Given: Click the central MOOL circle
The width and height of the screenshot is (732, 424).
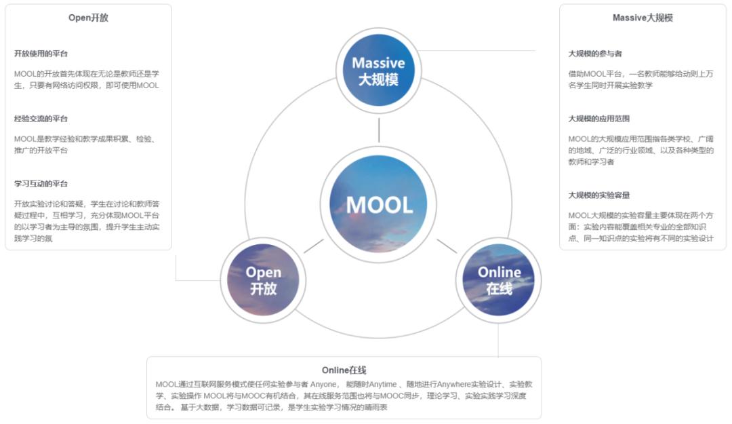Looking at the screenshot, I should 379,204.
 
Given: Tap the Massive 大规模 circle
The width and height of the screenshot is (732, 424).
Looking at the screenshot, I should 378,71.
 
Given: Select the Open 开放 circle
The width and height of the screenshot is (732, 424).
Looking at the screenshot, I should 264,280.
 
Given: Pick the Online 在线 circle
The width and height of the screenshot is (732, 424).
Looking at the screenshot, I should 499,280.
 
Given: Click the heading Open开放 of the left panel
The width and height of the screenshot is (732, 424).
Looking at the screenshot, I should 88,18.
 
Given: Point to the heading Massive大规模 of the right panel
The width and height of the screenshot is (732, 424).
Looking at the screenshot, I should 643,18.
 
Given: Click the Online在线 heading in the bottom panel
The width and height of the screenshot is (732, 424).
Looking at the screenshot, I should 344,370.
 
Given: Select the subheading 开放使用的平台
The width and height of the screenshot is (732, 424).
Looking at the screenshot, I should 41,54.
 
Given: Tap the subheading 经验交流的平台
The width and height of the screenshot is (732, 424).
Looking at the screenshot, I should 41,119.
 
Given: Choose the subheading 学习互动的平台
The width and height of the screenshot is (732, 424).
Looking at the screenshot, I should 41,184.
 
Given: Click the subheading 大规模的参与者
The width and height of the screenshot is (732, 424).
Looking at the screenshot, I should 595,54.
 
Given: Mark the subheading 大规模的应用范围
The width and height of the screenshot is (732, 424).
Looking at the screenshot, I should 599,119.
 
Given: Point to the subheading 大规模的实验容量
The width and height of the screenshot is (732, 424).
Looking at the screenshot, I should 599,195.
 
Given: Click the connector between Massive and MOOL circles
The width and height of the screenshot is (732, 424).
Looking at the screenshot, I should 379,129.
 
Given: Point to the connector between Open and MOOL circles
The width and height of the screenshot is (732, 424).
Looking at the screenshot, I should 313,246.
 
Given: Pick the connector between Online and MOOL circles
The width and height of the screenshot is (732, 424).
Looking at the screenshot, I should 447,246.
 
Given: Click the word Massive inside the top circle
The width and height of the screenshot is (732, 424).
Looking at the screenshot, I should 378,63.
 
